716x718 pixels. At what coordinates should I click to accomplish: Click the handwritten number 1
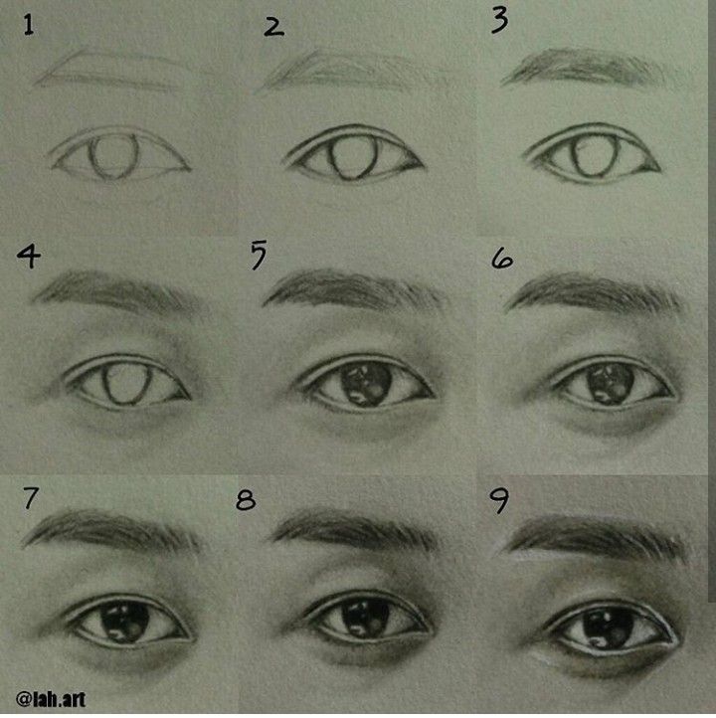tap(29, 25)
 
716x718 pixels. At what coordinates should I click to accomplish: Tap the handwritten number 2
tap(273, 27)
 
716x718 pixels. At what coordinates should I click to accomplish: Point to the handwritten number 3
tap(499, 22)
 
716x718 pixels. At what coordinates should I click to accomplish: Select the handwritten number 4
tap(29, 257)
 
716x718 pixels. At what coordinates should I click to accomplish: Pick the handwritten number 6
tap(502, 260)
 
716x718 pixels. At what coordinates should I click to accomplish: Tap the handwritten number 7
tap(30, 498)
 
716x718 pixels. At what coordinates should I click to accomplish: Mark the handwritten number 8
tap(246, 500)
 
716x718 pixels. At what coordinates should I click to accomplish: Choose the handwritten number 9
tap(499, 501)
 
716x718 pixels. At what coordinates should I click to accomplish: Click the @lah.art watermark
tap(51, 699)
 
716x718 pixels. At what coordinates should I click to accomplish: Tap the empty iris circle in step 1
tap(113, 156)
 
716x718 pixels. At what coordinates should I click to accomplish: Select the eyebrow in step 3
tap(591, 68)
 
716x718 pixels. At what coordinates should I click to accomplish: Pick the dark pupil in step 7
tap(125, 622)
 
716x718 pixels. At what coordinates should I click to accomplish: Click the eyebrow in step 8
tap(355, 530)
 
